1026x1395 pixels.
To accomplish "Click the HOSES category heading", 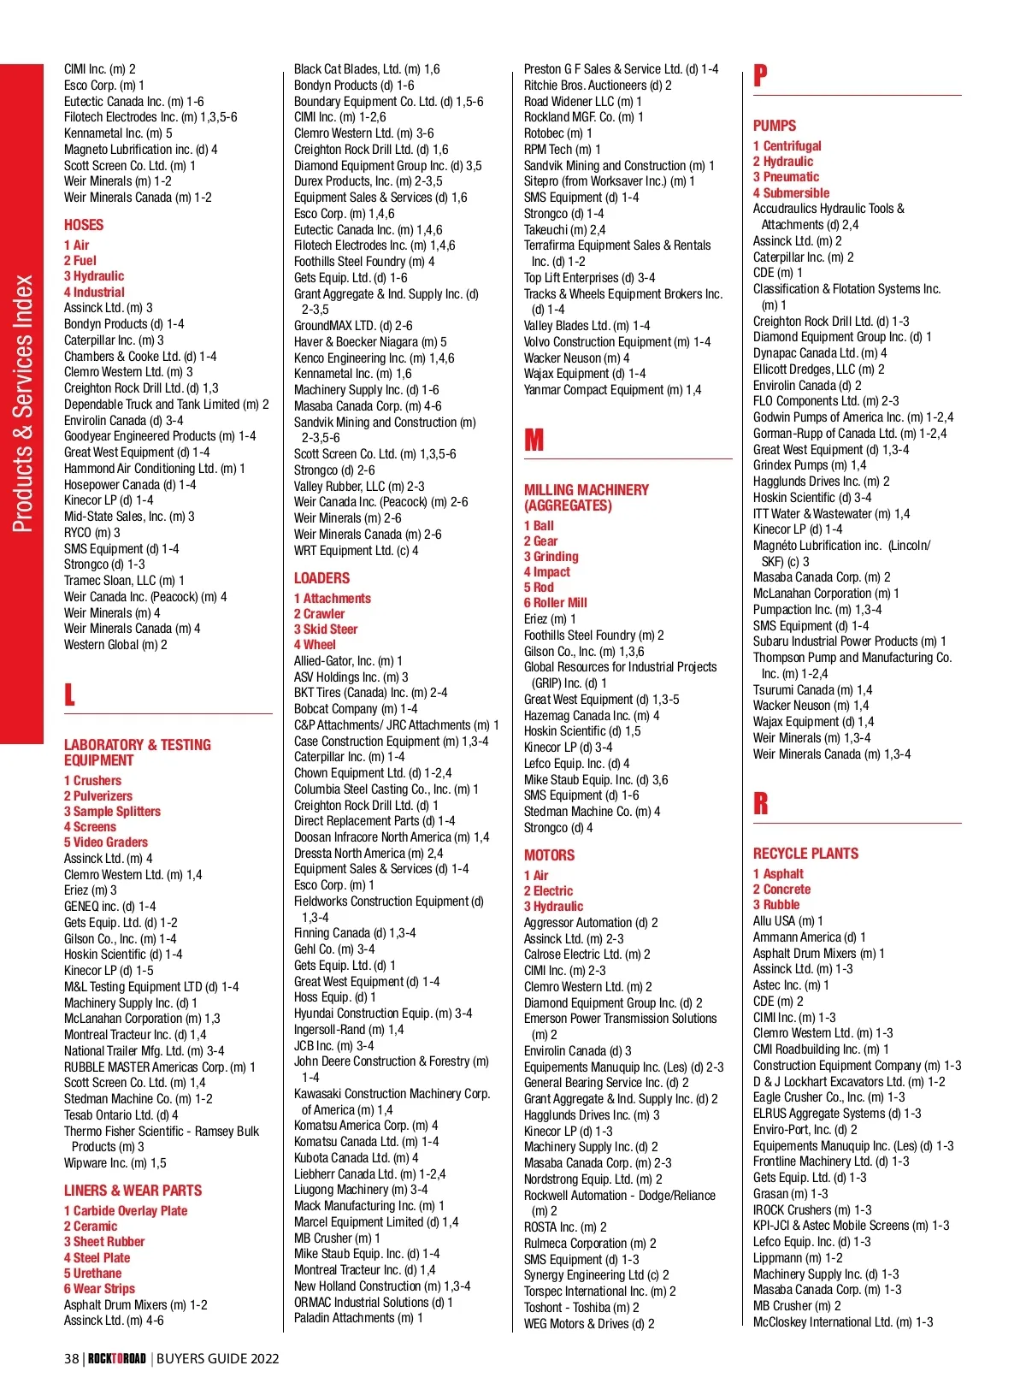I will click(x=84, y=225).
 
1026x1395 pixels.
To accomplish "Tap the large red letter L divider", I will click(x=69, y=693).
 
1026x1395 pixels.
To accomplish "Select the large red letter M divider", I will click(x=534, y=440).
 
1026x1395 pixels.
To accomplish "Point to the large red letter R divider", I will click(x=761, y=803).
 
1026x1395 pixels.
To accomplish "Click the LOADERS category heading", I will click(x=321, y=578).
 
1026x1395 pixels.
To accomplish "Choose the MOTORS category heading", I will click(x=549, y=855).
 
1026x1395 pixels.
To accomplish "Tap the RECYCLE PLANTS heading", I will click(x=805, y=854).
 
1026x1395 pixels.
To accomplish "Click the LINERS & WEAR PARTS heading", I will click(x=133, y=1191).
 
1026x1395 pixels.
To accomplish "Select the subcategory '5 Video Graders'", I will click(x=106, y=842).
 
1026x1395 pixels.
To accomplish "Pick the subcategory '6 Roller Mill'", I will click(x=556, y=603).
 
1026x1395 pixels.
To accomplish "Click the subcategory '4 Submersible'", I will click(x=791, y=193).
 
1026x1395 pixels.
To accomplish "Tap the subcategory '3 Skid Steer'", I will click(x=326, y=630).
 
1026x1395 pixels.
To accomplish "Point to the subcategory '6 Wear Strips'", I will click(x=99, y=1289).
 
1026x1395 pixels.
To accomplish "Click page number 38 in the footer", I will click(x=72, y=1358).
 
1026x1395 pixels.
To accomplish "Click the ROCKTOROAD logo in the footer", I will click(x=117, y=1358).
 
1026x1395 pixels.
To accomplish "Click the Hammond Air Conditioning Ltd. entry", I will click(x=154, y=469).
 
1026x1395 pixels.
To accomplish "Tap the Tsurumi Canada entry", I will click(x=812, y=690).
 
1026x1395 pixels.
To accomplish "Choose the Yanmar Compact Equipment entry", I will click(x=612, y=390).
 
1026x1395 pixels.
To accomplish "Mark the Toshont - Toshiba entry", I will click(x=581, y=1308).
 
